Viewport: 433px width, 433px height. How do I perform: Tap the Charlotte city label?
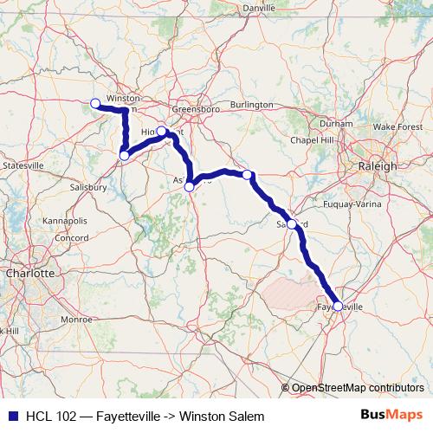(29, 273)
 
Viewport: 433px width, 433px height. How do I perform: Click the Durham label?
(337, 124)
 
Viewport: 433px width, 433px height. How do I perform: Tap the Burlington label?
(251, 104)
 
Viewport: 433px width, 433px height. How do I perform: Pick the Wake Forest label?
(397, 126)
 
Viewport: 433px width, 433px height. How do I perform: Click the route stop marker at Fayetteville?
(338, 306)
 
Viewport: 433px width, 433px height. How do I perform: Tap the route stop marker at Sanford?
(292, 224)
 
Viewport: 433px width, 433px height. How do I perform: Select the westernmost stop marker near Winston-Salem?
(95, 104)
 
